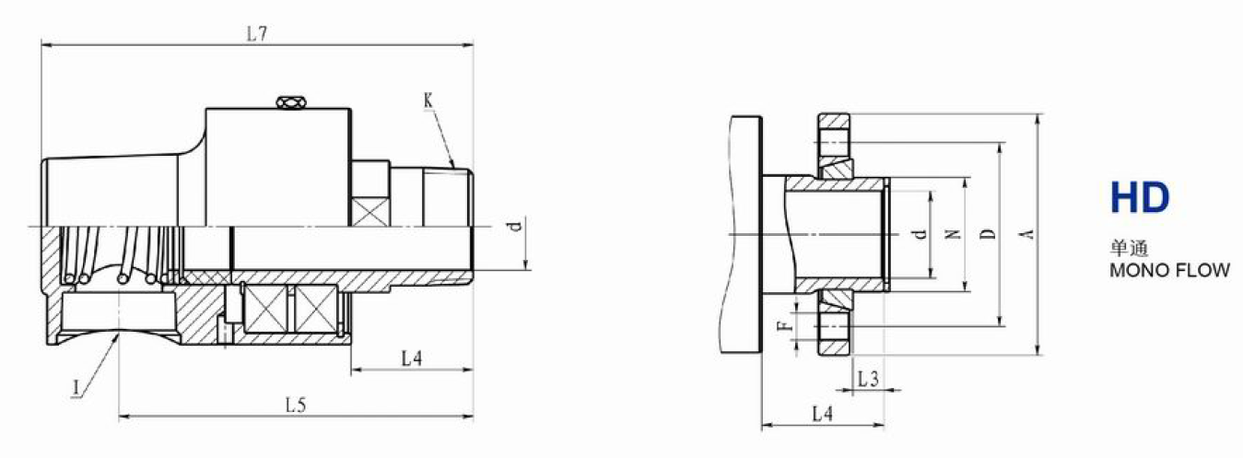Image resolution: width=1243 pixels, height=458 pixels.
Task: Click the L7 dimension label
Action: [x=257, y=34]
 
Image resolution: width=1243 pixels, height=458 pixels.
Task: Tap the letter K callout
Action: [x=428, y=100]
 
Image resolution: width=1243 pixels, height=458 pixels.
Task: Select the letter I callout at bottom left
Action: [x=76, y=388]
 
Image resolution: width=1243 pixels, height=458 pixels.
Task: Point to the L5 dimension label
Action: [x=296, y=405]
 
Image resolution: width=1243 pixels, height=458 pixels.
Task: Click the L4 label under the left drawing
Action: [x=412, y=358]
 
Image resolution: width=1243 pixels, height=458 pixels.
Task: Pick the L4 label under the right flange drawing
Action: [x=823, y=414]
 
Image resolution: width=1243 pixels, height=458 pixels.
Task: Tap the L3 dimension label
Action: [x=868, y=379]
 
